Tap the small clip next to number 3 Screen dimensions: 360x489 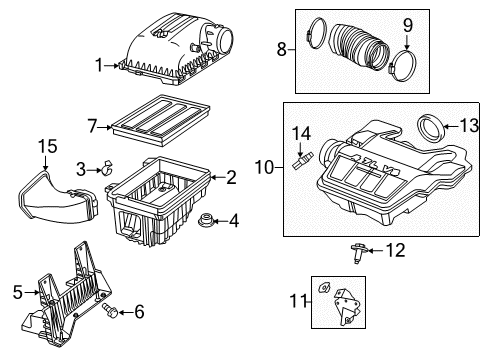(103, 169)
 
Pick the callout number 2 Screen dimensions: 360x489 (231, 178)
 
